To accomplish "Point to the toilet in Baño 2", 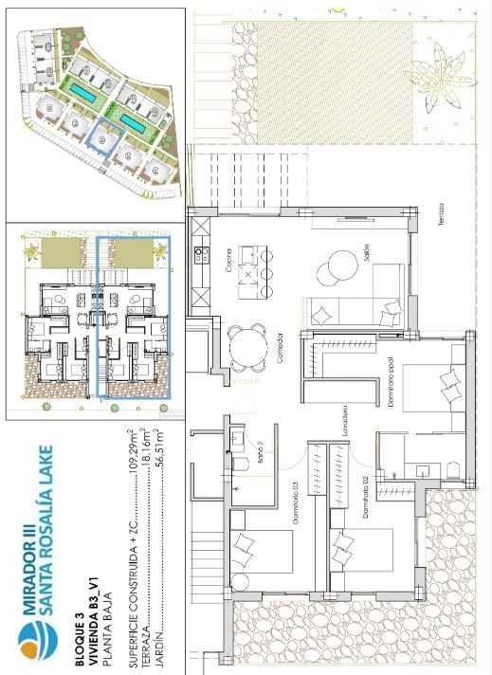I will tap(238, 438).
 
